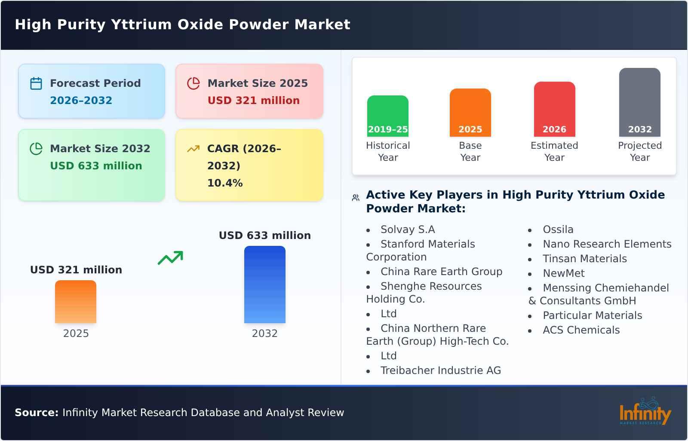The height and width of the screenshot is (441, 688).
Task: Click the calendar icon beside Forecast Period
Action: point(36,83)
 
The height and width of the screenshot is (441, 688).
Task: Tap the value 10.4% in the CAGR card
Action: point(225,183)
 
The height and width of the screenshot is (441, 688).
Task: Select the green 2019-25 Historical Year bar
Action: point(387,116)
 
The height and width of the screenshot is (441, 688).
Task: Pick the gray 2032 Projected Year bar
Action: point(639,102)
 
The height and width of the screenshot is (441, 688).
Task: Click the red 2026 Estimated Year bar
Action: point(554,109)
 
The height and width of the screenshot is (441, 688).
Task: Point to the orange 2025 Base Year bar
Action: point(470,112)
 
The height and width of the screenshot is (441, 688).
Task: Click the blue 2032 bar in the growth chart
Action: point(264,285)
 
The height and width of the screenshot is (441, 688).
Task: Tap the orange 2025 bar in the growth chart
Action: point(76,302)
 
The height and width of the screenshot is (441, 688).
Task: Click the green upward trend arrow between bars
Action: point(171,258)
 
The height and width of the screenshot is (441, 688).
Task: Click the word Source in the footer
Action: point(36,413)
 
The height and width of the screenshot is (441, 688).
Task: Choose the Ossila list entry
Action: point(558,230)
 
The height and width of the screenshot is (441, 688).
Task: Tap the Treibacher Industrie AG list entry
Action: point(440,371)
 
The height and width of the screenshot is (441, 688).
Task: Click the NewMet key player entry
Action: point(563,273)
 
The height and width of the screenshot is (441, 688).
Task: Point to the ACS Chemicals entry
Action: point(581,330)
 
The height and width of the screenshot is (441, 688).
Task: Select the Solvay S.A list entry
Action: point(407,230)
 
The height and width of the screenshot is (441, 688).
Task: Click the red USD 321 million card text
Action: point(253,101)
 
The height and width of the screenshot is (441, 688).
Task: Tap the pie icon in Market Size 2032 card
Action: point(36,149)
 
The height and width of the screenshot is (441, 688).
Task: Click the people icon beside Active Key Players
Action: point(356,198)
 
